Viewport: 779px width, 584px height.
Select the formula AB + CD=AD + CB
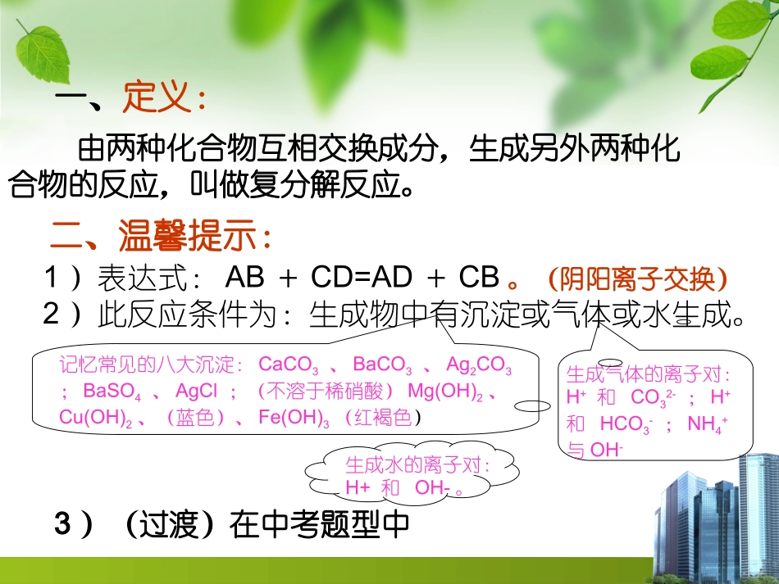(x=362, y=278)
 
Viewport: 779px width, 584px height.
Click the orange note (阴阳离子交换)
(x=637, y=279)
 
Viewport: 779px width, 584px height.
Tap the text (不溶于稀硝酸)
(x=326, y=391)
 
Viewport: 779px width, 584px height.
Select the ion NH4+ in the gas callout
(x=708, y=424)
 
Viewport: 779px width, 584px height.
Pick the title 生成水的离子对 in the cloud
(x=417, y=465)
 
